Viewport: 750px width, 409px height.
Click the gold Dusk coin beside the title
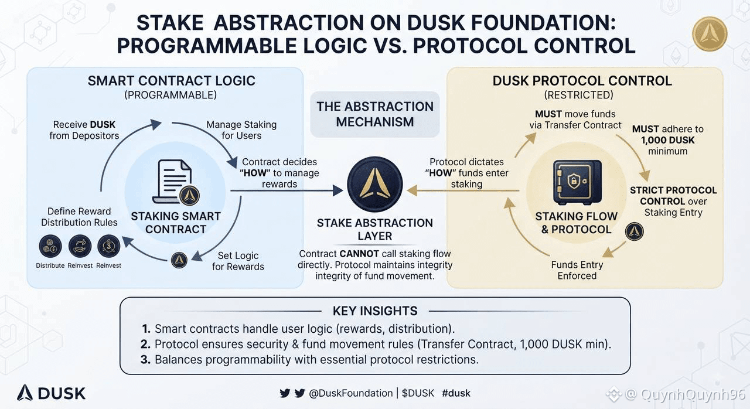710,34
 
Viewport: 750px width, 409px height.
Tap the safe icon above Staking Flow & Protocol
577,182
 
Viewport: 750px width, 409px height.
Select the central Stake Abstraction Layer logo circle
375,184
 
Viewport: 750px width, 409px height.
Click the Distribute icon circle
50,246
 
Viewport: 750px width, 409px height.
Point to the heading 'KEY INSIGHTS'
375,311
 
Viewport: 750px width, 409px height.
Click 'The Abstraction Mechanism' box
375,114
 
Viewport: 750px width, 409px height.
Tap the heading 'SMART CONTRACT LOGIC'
172,81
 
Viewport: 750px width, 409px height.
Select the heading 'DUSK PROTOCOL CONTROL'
582,81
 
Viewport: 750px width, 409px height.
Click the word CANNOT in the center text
359,254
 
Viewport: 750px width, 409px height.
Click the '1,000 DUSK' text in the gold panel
667,140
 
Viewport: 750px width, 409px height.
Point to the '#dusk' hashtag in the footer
456,393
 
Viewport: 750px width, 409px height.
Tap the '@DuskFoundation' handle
350,393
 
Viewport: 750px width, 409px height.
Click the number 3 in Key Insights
145,359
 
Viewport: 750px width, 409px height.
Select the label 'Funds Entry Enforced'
577,270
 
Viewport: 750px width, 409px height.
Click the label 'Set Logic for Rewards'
238,261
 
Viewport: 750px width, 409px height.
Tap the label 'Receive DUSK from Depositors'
84,130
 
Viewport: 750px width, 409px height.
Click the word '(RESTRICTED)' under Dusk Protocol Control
578,95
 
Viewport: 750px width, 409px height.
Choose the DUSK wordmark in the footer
51,393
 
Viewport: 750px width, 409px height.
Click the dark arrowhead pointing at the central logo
338,191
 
